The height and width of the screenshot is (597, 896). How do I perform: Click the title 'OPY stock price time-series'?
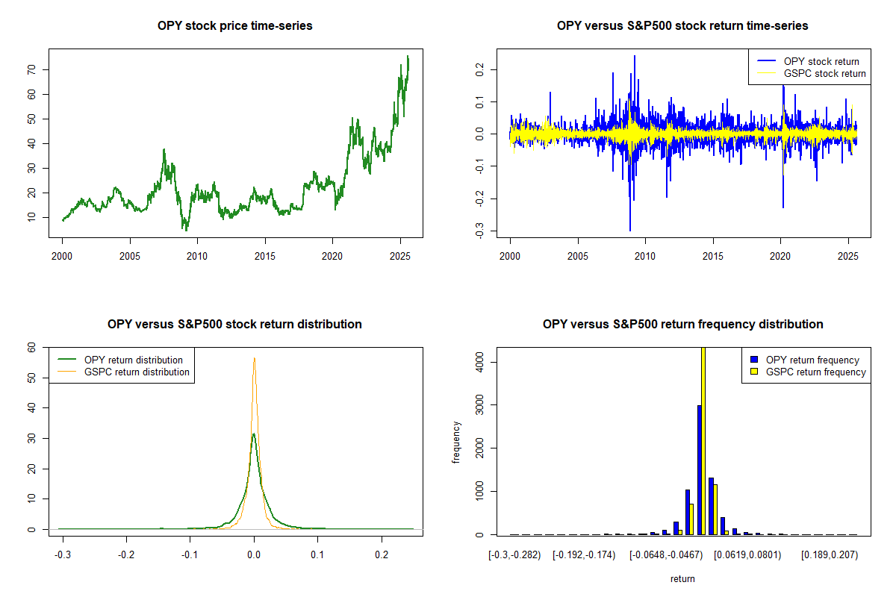pyautogui.click(x=234, y=26)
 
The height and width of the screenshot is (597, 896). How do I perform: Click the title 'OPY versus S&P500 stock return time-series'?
pyautogui.click(x=682, y=26)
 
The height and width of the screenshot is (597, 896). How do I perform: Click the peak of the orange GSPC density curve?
pyautogui.click(x=254, y=358)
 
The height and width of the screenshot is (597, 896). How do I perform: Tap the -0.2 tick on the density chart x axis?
pyautogui.click(x=126, y=556)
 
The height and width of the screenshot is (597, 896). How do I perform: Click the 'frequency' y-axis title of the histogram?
pyautogui.click(x=456, y=442)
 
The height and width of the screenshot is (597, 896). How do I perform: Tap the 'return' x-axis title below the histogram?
pyautogui.click(x=682, y=578)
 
